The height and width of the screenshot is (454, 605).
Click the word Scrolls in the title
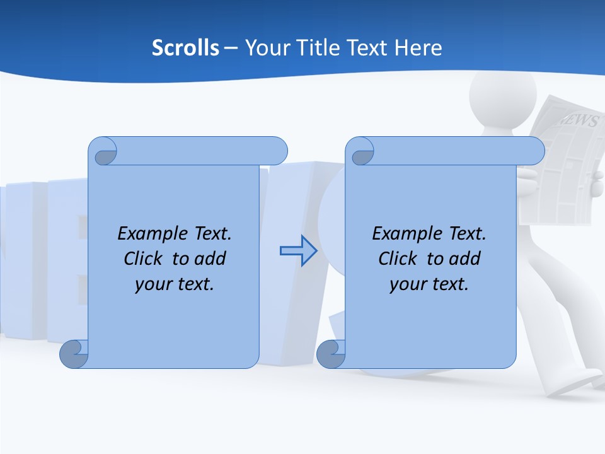[x=185, y=48]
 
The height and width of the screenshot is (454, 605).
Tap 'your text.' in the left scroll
[x=175, y=284]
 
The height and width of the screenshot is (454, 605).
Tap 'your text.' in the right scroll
[x=429, y=284]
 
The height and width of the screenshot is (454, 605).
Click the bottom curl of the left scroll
[x=74, y=354]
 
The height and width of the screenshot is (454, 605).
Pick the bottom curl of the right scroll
[x=331, y=354]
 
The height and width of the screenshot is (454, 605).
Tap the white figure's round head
[x=502, y=95]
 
